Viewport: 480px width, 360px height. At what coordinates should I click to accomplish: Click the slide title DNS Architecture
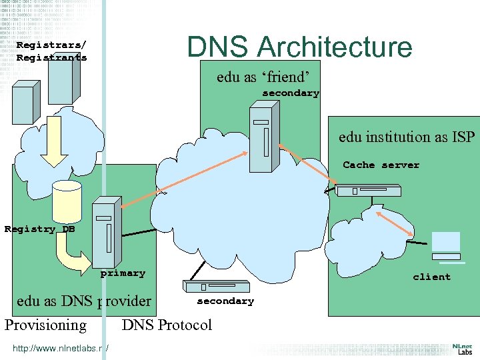(299, 47)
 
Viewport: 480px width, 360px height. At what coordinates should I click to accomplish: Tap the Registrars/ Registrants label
(51, 51)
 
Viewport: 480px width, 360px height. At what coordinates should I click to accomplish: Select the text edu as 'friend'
(263, 77)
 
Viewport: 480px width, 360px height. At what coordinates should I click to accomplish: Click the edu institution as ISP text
(407, 137)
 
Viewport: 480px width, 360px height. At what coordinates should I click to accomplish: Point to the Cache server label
(381, 165)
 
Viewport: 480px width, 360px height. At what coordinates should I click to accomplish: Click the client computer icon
(445, 246)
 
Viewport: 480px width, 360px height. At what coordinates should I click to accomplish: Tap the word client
(431, 277)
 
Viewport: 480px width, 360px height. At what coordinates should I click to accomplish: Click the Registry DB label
(39, 229)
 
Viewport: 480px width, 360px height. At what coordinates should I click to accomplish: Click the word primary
(123, 273)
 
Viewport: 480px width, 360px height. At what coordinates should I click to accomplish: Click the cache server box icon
(368, 191)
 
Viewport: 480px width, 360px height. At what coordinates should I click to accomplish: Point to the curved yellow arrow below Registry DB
(72, 252)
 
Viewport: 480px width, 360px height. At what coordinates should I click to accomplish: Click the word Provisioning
(45, 325)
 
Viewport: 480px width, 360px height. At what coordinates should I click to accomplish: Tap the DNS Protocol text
(167, 325)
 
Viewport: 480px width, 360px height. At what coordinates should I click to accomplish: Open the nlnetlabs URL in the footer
(61, 347)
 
